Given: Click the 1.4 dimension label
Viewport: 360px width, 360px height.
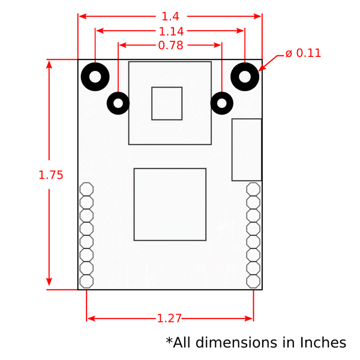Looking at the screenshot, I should tap(170, 17).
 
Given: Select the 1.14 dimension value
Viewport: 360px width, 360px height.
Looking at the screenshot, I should tap(171, 31).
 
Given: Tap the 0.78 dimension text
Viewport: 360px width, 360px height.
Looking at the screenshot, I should tap(171, 46).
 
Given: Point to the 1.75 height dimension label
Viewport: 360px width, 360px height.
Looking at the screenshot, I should tap(50, 175).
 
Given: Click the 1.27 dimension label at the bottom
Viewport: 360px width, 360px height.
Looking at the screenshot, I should tap(169, 319).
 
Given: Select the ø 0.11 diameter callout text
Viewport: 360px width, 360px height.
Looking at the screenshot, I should tap(303, 53).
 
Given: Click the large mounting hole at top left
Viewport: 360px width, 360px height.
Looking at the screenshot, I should tap(95, 76).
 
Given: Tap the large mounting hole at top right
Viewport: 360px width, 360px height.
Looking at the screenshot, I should tap(245, 76).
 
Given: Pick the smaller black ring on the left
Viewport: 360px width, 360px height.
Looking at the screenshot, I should tap(118, 104).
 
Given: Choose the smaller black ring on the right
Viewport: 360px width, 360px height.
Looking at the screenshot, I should tap(222, 104).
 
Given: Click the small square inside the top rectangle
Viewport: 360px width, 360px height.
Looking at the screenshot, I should tap(167, 103).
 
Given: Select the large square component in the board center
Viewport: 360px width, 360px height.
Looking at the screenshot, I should tap(170, 204).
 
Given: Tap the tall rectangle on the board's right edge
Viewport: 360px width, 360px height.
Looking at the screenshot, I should tap(247, 149).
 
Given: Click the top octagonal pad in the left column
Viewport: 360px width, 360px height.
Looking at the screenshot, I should tap(86, 189).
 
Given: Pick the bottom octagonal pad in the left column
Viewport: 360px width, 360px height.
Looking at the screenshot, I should tap(86, 281).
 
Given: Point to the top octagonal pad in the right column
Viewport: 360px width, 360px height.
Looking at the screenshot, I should tap(253, 189).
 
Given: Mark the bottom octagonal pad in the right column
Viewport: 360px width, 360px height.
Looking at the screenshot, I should tap(253, 281).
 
